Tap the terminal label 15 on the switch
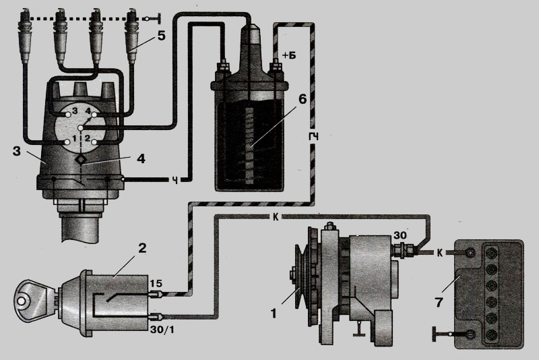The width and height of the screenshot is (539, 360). point(155,283)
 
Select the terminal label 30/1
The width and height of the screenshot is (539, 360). point(162,330)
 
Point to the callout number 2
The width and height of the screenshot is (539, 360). point(142,248)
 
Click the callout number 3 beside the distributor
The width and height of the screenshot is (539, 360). point(16,151)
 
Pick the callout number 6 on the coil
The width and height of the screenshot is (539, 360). point(302,98)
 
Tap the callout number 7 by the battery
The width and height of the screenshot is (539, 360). point(439,303)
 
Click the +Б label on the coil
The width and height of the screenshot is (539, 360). point(289,55)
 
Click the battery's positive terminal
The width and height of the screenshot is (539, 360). point(470,253)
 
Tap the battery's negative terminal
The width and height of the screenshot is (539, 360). point(470,334)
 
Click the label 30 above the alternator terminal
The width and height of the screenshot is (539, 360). point(400,235)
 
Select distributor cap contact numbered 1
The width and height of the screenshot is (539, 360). point(66,142)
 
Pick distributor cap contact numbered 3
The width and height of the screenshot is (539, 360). point(67,112)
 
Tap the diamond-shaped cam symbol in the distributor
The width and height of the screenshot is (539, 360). point(82,159)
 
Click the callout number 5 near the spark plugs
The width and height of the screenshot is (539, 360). point(161,36)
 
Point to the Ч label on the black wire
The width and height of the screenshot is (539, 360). point(175,180)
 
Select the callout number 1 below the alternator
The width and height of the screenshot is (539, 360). point(274,313)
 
